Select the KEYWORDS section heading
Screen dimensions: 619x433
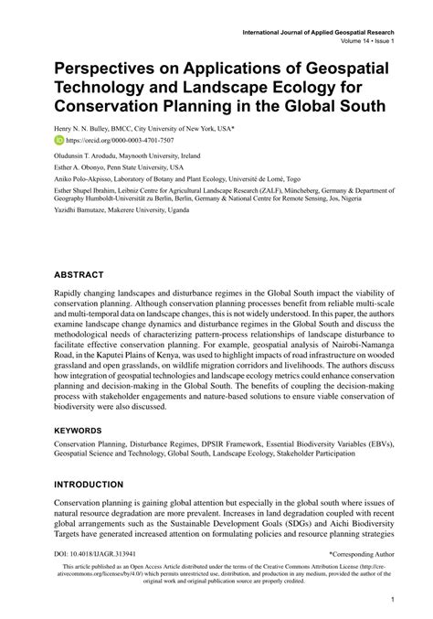pos(83,429)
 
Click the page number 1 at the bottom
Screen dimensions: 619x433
pos(391,600)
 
